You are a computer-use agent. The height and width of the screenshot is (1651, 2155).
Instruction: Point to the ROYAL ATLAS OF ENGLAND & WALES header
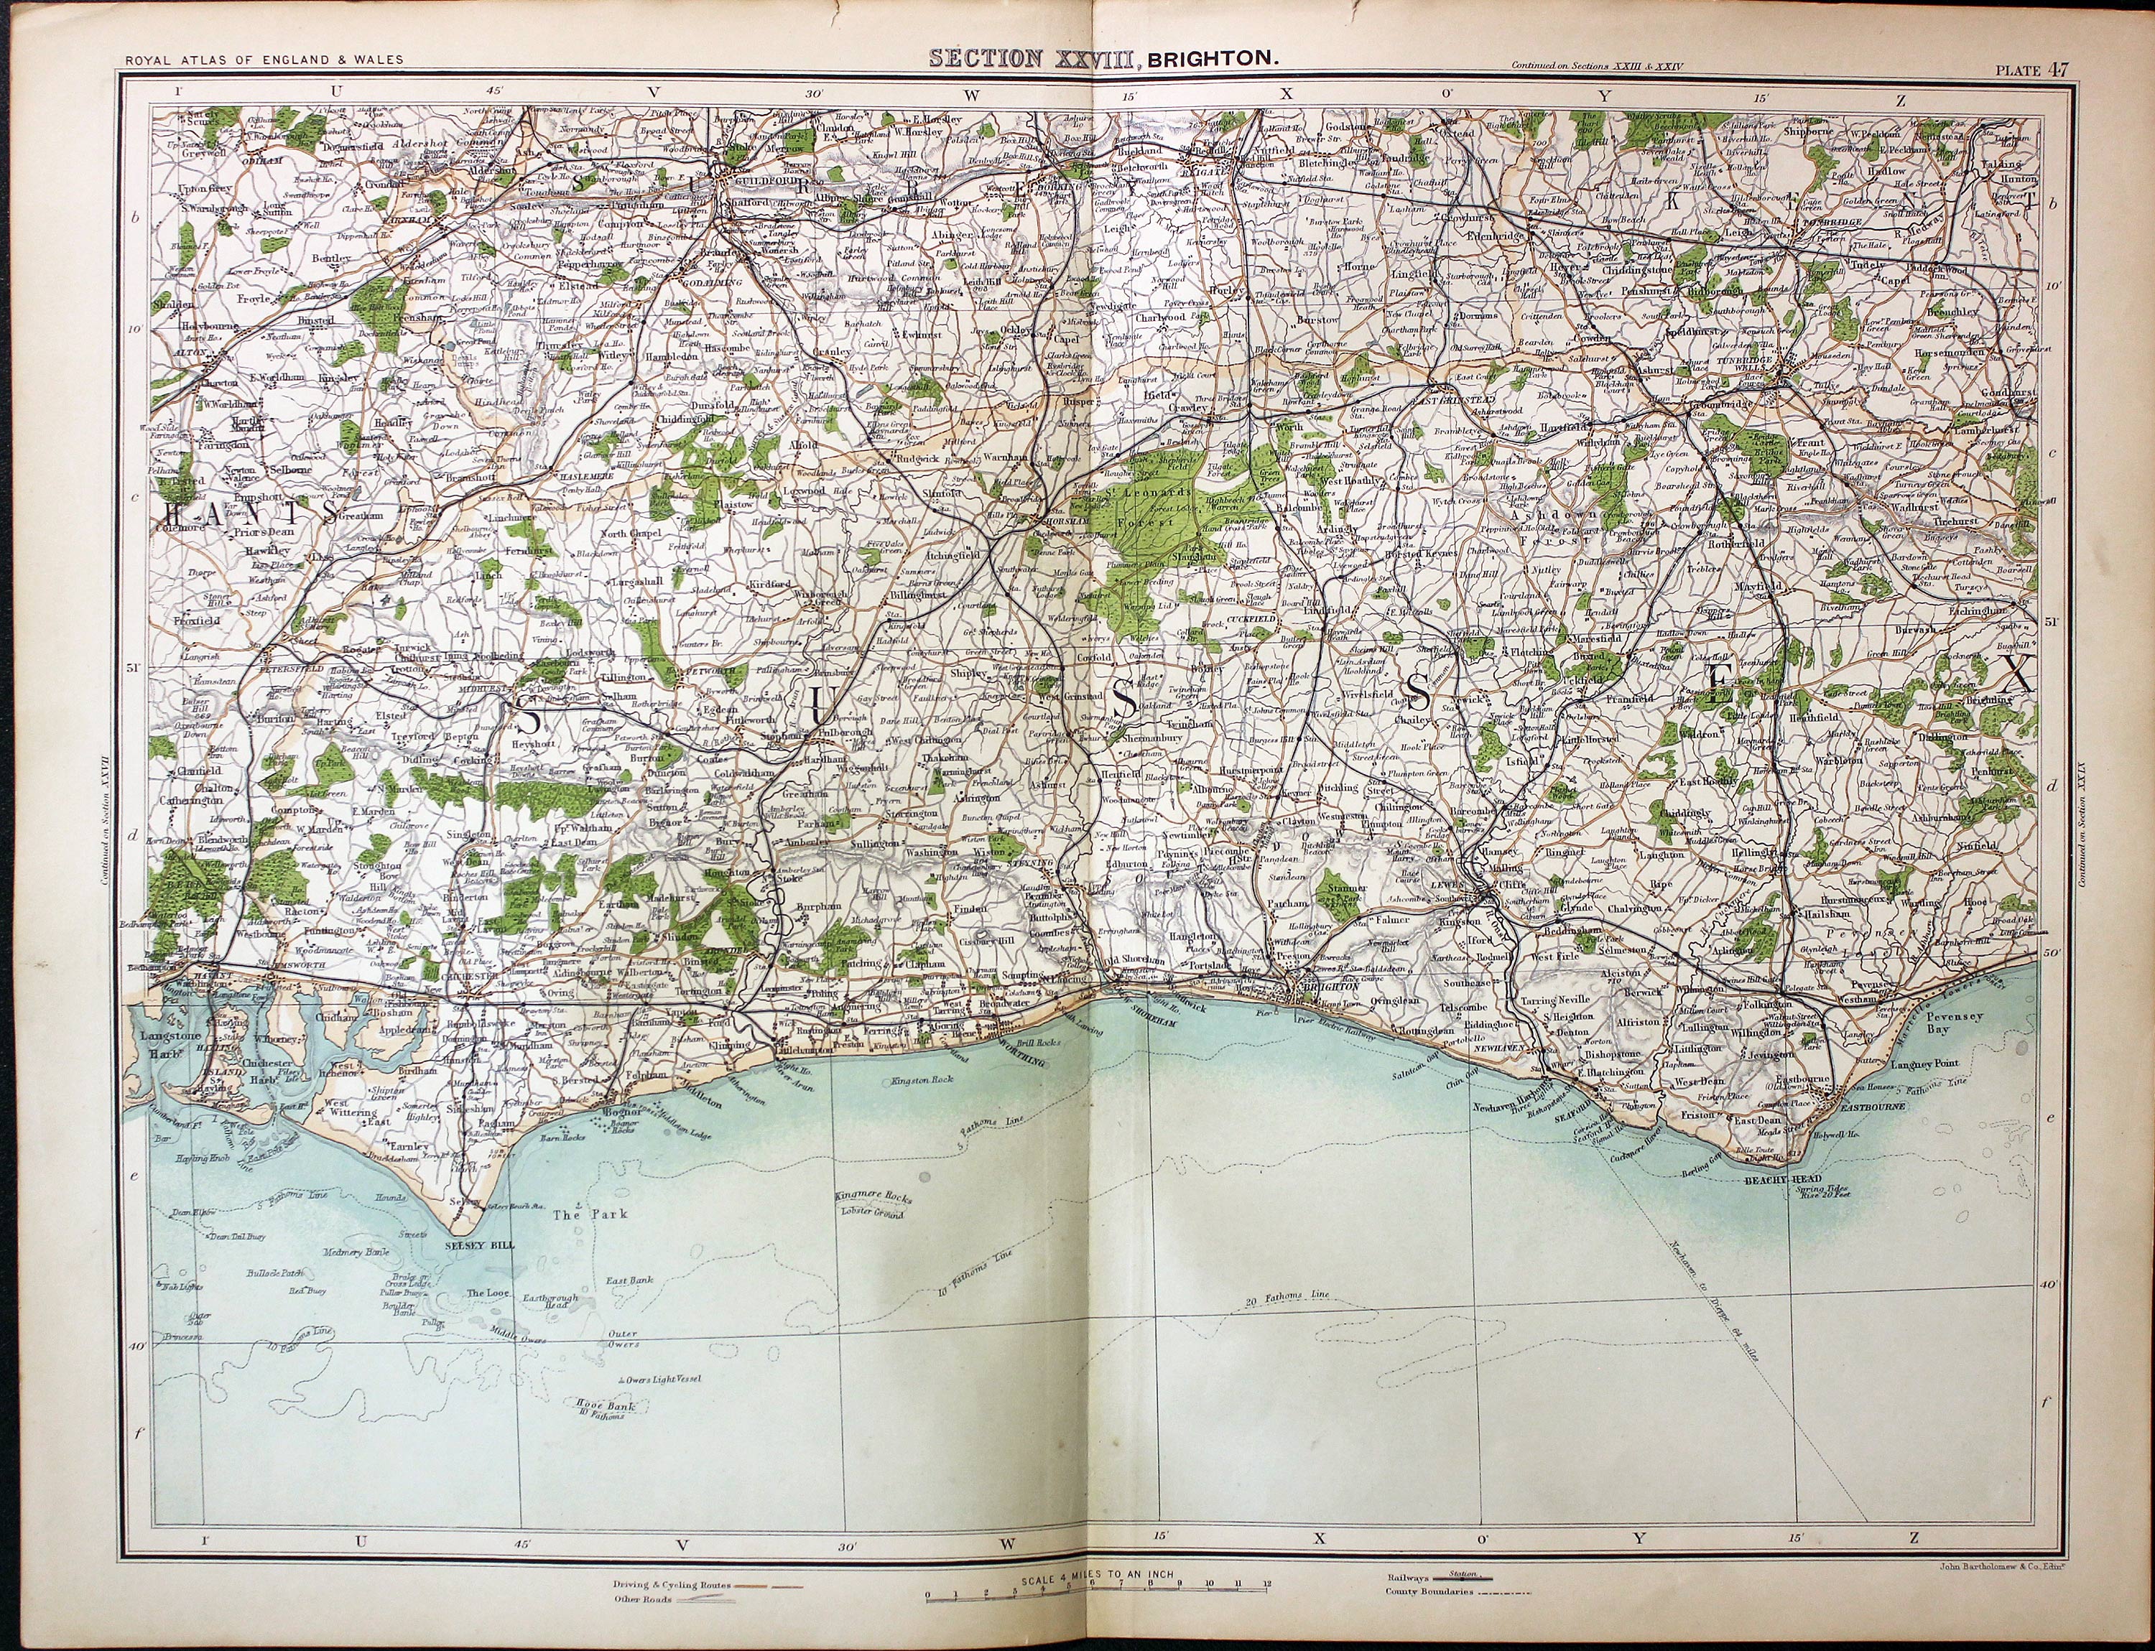264,60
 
